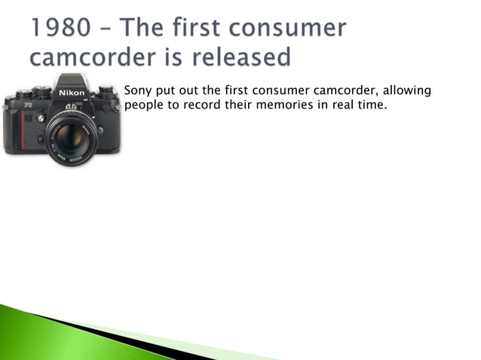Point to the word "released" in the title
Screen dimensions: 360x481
tap(243, 56)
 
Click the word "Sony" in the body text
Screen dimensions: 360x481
tap(138, 91)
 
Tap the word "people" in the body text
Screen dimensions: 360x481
tap(143, 105)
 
